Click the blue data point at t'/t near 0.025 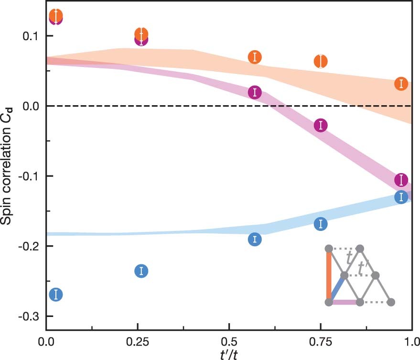coord(56,295)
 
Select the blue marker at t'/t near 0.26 coord(141,271)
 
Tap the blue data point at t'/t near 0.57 coord(255,239)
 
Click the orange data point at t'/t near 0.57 coord(255,57)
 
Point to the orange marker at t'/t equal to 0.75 coord(321,61)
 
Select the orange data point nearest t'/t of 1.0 coord(401,84)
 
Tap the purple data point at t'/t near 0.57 coord(255,93)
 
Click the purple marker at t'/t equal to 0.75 coord(321,125)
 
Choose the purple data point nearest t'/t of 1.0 coord(401,180)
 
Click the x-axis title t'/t coord(229,354)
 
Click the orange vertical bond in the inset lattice coord(329,275)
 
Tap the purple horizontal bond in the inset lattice coord(344,302)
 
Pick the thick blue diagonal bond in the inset coord(336,289)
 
